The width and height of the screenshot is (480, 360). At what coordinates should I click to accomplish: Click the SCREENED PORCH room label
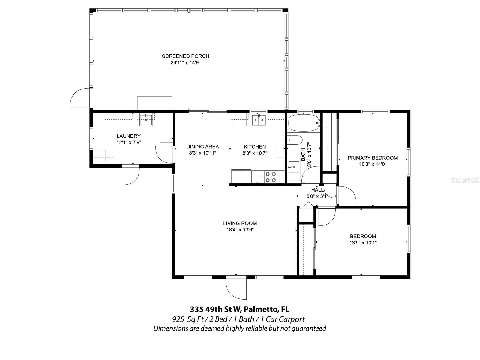coord(185,56)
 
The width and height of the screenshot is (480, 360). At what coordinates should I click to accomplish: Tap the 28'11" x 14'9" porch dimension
coord(185,63)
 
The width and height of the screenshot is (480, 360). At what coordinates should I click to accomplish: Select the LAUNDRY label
coord(128,136)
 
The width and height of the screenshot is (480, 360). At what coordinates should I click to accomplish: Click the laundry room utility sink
coord(146,120)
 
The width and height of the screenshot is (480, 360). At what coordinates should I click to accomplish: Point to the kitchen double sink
coord(259,120)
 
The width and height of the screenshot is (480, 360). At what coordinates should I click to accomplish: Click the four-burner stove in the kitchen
coord(270,177)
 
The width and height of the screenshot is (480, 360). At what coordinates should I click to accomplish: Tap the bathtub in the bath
coord(304,123)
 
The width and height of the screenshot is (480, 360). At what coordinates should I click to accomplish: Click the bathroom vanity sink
coord(293,167)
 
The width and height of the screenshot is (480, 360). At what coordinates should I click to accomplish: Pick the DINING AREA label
coord(202,147)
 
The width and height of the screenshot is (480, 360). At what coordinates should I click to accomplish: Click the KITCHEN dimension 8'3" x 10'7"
coord(255,153)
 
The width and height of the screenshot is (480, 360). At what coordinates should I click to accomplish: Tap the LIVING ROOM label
coord(240,223)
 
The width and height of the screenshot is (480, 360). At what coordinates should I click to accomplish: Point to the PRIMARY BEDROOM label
coord(373,158)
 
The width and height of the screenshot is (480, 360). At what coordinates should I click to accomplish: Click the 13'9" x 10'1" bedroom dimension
coord(363,243)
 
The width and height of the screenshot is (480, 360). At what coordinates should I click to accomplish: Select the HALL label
coord(317,190)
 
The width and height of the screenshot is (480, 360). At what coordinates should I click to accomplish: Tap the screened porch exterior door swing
coord(80,98)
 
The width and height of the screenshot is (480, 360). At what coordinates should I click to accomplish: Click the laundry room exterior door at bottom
coord(131,175)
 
